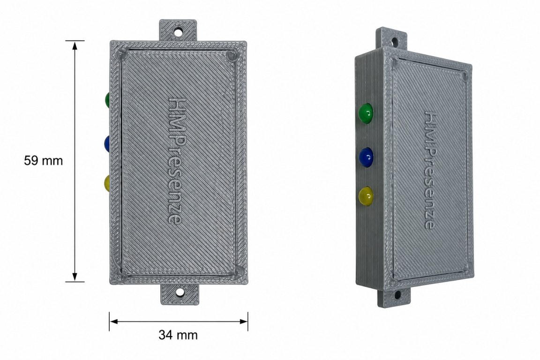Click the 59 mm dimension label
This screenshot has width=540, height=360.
44,160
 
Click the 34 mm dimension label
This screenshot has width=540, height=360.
178,335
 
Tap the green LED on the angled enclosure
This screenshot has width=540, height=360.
366,113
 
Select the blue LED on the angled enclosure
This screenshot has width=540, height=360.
366,157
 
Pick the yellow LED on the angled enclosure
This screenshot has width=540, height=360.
366,197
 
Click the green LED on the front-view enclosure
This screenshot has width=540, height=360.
107,99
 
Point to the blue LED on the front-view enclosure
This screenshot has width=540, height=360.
107,143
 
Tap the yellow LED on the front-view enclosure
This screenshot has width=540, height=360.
107,183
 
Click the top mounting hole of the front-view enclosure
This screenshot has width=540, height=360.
178,32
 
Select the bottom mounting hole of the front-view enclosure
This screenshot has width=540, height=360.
180,293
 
